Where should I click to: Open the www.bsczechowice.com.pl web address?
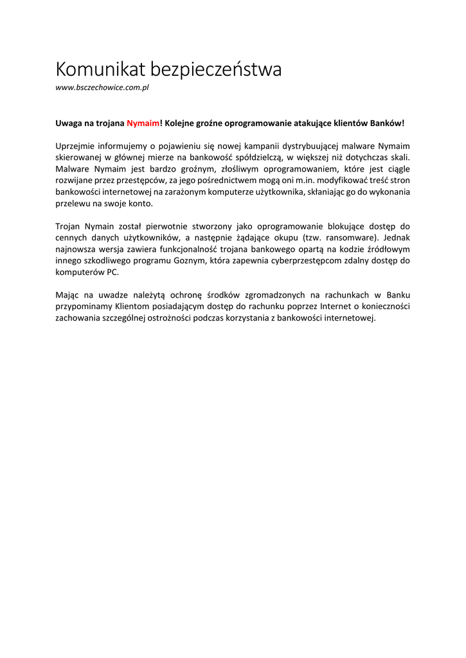[x=102, y=87]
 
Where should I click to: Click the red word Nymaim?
[x=142, y=122]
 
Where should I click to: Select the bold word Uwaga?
[x=69, y=122]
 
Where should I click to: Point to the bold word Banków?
[x=388, y=122]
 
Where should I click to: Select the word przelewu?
[x=72, y=204]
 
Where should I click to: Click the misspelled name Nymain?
[x=102, y=227]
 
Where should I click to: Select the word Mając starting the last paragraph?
[x=68, y=296]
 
